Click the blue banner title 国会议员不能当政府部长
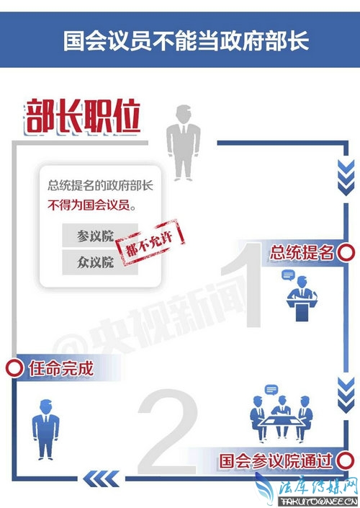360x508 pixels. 186,41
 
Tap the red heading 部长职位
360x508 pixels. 83,117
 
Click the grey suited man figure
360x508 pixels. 183,143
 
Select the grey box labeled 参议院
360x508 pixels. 96,236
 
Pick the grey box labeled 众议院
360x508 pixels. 95,262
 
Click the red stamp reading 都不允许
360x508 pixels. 150,242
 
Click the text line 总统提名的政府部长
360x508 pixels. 100,186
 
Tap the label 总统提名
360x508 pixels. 302,253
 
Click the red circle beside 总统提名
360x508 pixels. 346,252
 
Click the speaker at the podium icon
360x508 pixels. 301,295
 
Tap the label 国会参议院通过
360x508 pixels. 276,460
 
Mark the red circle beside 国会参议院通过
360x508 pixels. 346,460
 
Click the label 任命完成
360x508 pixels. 61,368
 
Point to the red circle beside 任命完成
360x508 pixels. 14,368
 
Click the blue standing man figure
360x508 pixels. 45,429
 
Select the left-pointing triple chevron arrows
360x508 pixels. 101,479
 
